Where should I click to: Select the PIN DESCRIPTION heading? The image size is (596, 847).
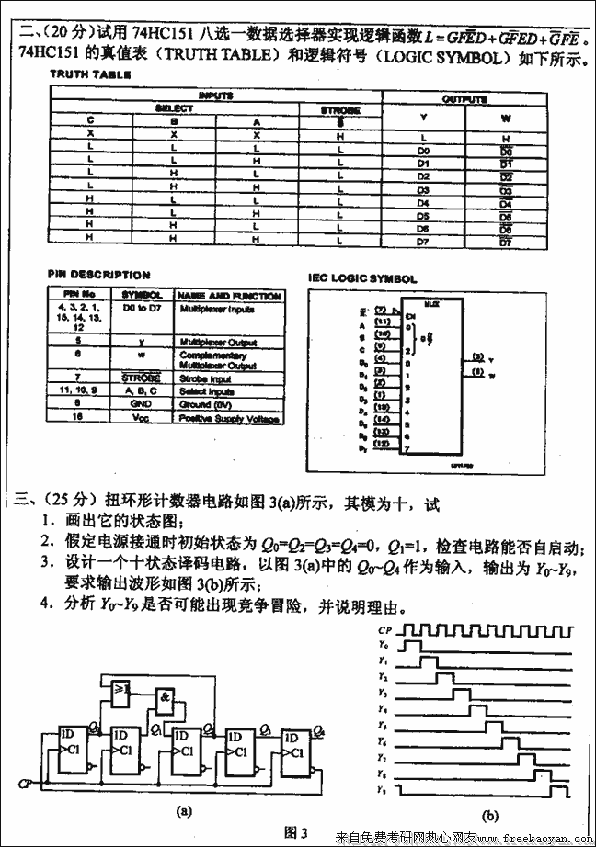98,274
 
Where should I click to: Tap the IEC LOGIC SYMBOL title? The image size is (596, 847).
362,278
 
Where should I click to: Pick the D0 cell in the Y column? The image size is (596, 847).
423,149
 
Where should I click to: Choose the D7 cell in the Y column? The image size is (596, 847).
423,241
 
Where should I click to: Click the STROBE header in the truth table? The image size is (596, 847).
340,110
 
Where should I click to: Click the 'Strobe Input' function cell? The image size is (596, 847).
204,378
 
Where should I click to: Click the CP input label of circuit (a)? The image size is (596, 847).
24,784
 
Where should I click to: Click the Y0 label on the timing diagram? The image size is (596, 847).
384,647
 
